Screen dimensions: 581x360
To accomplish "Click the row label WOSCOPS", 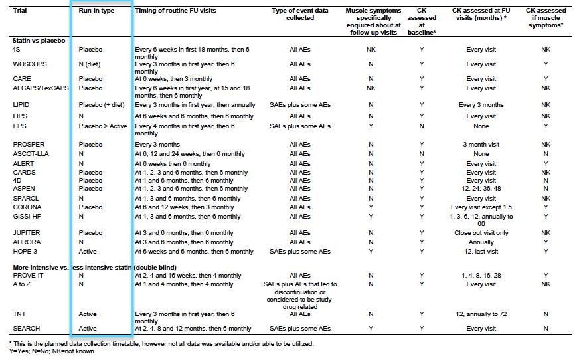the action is [30, 64].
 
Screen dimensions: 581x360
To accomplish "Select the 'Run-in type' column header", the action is [96, 11].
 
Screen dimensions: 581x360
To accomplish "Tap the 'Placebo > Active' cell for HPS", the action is [103, 126].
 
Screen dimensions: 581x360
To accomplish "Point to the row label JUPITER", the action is [27, 233].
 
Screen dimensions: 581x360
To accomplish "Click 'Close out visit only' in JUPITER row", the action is [481, 233].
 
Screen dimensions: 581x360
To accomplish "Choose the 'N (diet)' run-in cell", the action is [89, 64].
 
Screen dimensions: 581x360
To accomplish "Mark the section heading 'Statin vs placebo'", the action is [39, 41].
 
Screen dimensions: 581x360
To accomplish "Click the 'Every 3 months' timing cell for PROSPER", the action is [157, 145].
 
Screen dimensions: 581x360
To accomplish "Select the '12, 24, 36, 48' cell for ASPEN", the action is [481, 189].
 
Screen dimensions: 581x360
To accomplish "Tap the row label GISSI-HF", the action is [27, 216].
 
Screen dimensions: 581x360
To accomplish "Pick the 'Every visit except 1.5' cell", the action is [481, 207].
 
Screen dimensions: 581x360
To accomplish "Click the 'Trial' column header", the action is [20, 11].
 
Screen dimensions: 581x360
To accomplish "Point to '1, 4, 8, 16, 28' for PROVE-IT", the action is [481, 276].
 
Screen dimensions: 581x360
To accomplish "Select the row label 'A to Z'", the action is [21, 284].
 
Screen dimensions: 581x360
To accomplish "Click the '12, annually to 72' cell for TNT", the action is [481, 314].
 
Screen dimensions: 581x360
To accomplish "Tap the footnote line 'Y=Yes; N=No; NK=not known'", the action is [52, 351].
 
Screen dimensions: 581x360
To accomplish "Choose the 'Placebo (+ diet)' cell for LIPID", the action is [102, 105].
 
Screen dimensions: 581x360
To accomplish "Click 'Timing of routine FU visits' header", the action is [175, 11].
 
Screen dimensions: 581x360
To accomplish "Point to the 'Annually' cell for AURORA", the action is [481, 242].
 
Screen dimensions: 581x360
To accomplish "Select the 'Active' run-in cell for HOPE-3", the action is [88, 251].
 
